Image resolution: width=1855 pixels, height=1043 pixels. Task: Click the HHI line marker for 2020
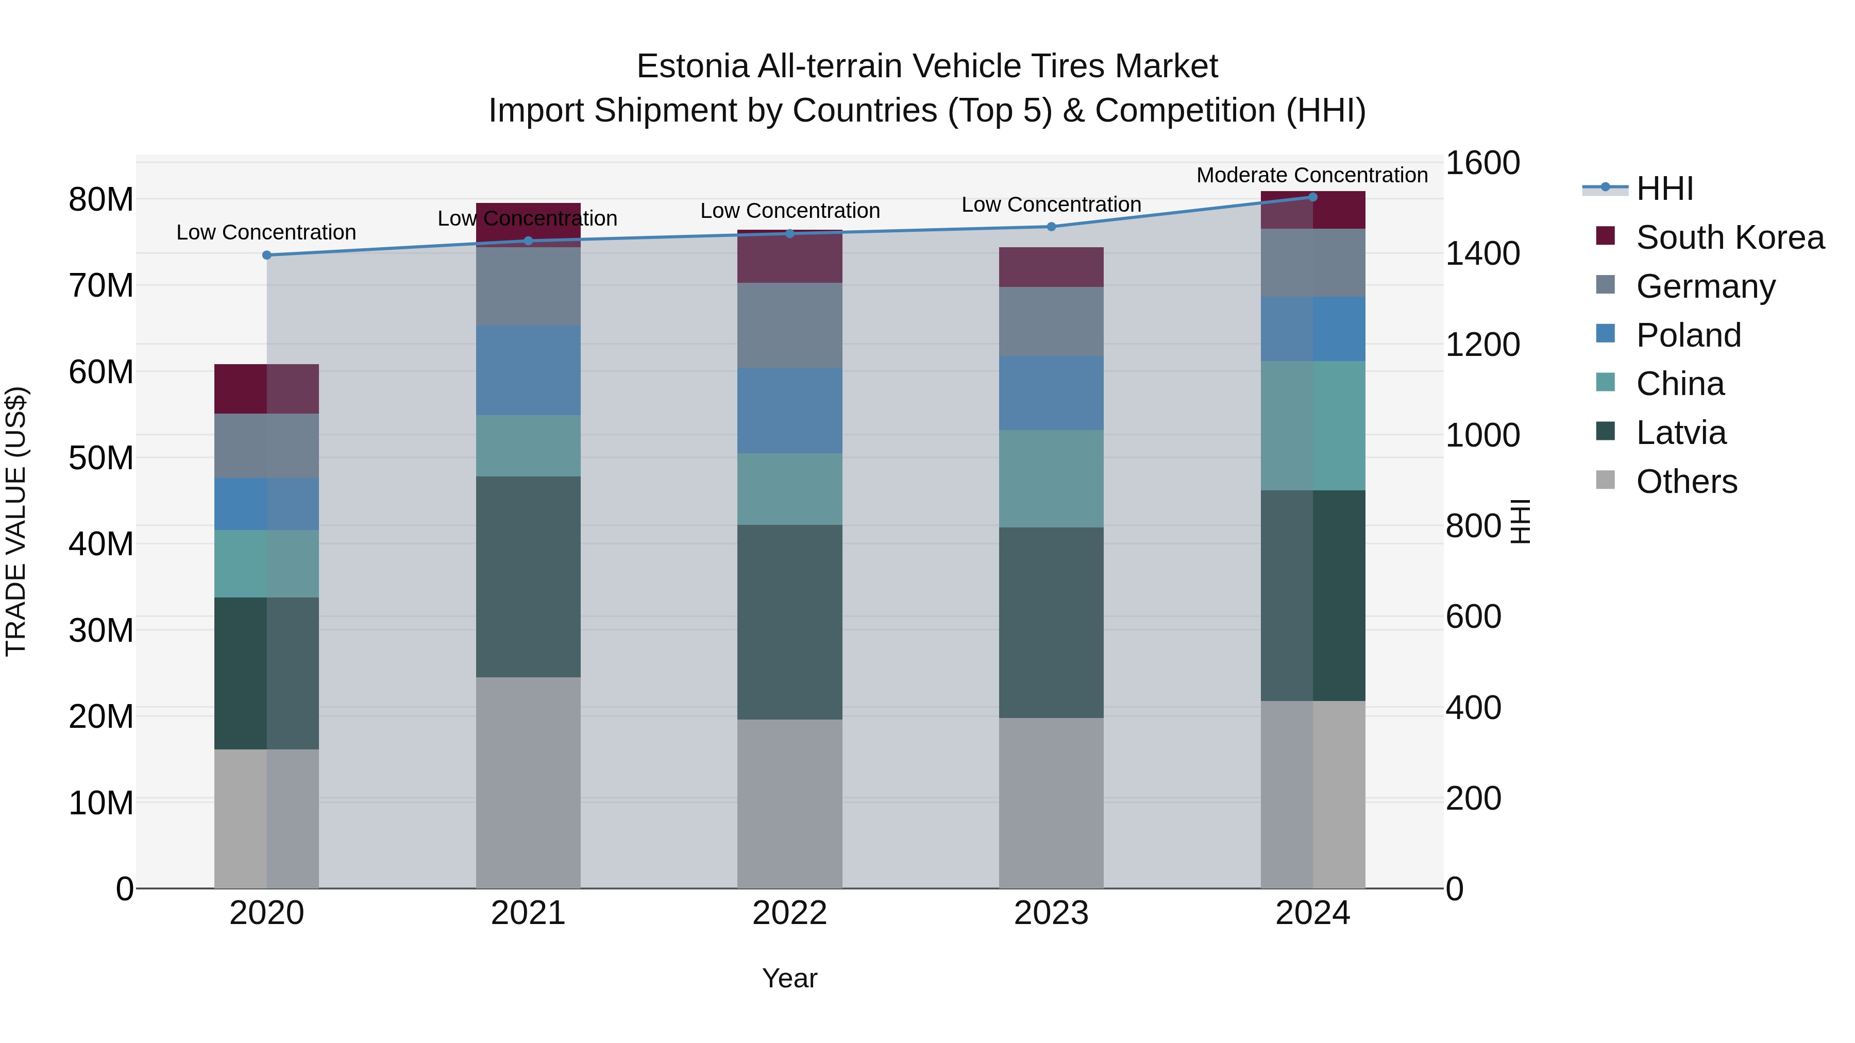pyautogui.click(x=266, y=255)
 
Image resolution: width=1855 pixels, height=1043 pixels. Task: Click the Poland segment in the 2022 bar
pyautogui.click(x=789, y=411)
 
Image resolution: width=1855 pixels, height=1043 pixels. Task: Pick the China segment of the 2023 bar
pyautogui.click(x=1051, y=478)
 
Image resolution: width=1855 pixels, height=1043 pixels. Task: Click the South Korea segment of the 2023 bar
pyautogui.click(x=1051, y=267)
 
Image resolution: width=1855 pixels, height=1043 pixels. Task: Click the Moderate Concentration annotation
pyautogui.click(x=1311, y=175)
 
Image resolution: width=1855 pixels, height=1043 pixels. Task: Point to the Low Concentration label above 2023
pyautogui.click(x=1051, y=204)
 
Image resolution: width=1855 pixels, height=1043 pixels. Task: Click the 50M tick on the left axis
pyautogui.click(x=101, y=458)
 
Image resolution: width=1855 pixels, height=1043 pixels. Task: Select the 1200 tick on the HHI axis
pyautogui.click(x=1482, y=344)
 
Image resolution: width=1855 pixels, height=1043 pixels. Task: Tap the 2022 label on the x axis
pyautogui.click(x=789, y=913)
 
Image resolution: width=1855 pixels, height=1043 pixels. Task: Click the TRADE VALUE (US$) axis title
pyautogui.click(x=16, y=521)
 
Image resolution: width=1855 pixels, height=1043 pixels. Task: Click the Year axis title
pyautogui.click(x=789, y=978)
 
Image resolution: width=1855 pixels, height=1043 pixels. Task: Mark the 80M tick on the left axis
pyautogui.click(x=101, y=199)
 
